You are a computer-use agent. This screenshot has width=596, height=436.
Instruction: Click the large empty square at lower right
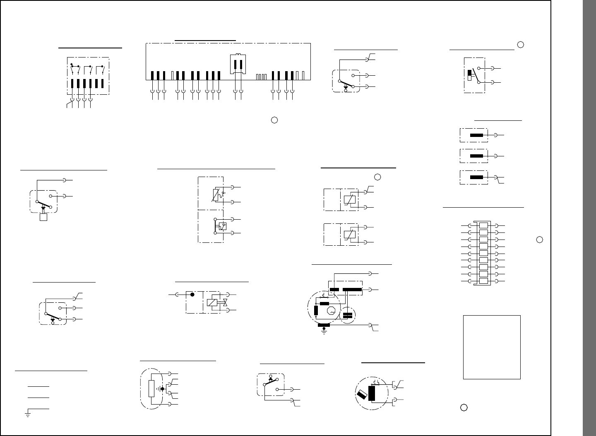click(x=491, y=347)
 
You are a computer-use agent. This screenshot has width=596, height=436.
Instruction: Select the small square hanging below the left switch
click(x=43, y=218)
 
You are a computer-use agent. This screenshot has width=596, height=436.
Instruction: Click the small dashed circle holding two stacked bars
click(x=348, y=316)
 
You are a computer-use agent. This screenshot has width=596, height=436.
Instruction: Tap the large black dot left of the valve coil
click(x=192, y=295)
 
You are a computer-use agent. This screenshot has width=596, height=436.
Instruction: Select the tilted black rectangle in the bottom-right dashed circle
click(x=362, y=395)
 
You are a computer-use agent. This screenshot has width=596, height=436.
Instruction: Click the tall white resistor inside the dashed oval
click(x=151, y=388)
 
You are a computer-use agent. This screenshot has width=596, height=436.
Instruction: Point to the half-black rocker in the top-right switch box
click(x=469, y=75)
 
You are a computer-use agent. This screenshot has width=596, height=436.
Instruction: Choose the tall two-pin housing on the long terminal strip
click(x=238, y=64)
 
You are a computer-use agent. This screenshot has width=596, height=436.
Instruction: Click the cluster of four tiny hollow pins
click(x=260, y=77)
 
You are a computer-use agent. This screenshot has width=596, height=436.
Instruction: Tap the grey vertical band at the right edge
click(x=589, y=218)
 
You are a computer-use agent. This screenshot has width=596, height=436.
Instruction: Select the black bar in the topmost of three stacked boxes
click(x=477, y=135)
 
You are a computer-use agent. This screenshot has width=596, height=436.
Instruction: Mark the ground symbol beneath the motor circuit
click(x=324, y=331)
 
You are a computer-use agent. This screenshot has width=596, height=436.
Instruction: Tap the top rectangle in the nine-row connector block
click(x=483, y=226)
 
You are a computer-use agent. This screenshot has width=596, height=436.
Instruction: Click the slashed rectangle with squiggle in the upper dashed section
click(x=215, y=195)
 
